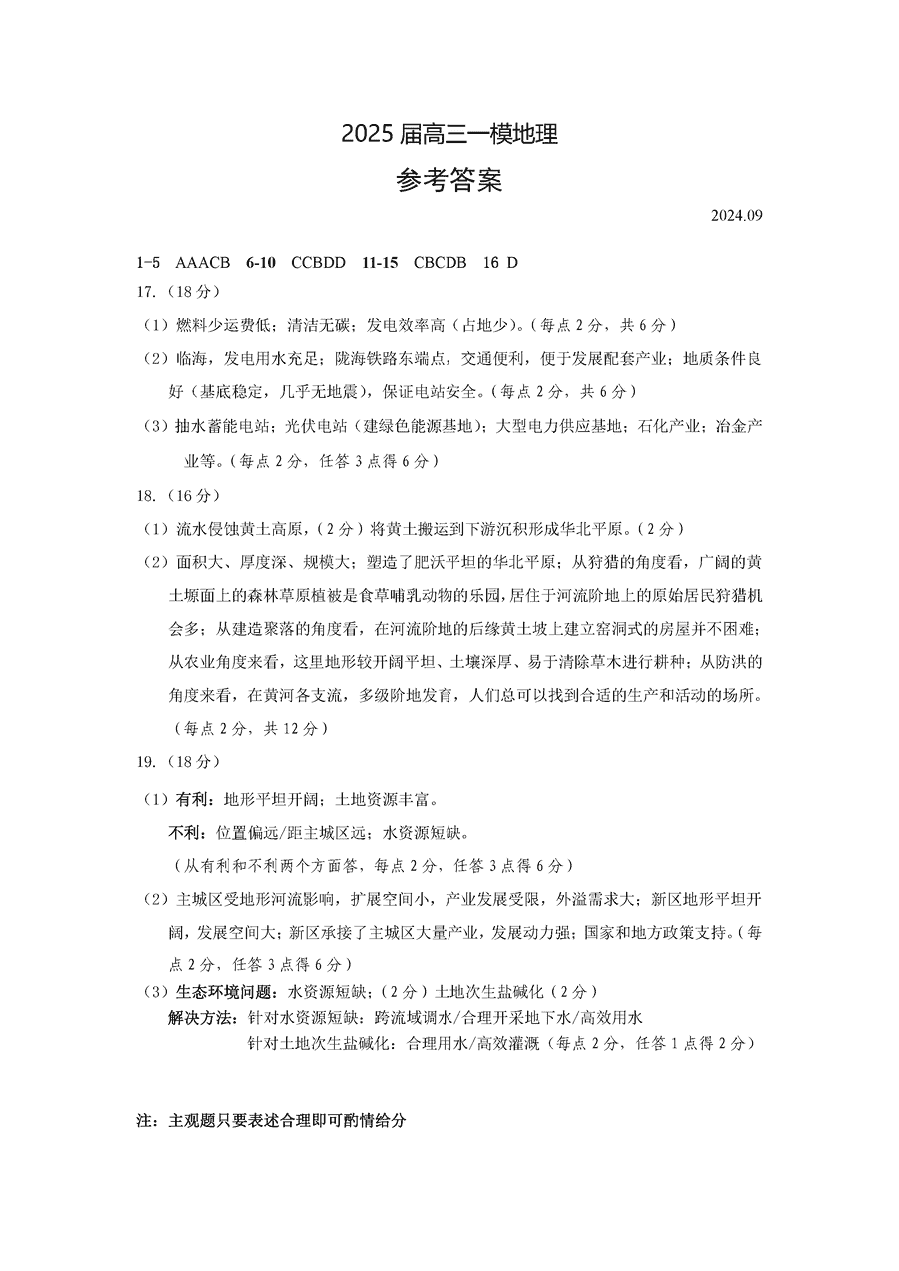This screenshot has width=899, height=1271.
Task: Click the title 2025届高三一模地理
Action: [449, 133]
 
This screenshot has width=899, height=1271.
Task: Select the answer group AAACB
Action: [203, 263]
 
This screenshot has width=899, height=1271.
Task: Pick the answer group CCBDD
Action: [319, 263]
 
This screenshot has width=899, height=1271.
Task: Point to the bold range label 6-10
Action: [261, 263]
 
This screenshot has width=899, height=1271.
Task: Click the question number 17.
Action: [146, 292]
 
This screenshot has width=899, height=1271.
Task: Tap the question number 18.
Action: [146, 495]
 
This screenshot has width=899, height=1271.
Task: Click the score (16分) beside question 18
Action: [191, 495]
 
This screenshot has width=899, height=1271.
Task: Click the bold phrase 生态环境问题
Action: [225, 992]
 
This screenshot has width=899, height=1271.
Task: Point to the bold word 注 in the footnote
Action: [142, 1121]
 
